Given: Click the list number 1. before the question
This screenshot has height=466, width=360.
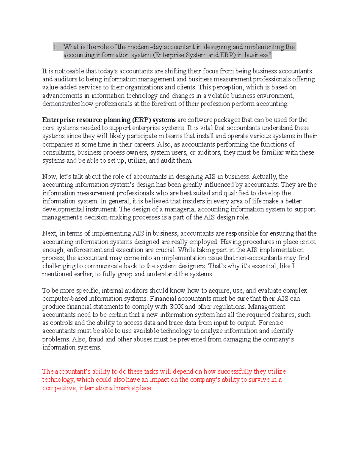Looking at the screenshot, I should tap(55, 47).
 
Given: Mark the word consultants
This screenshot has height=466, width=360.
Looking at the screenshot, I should tap(59, 152).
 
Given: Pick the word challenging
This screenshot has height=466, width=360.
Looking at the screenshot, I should tap(59, 266).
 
